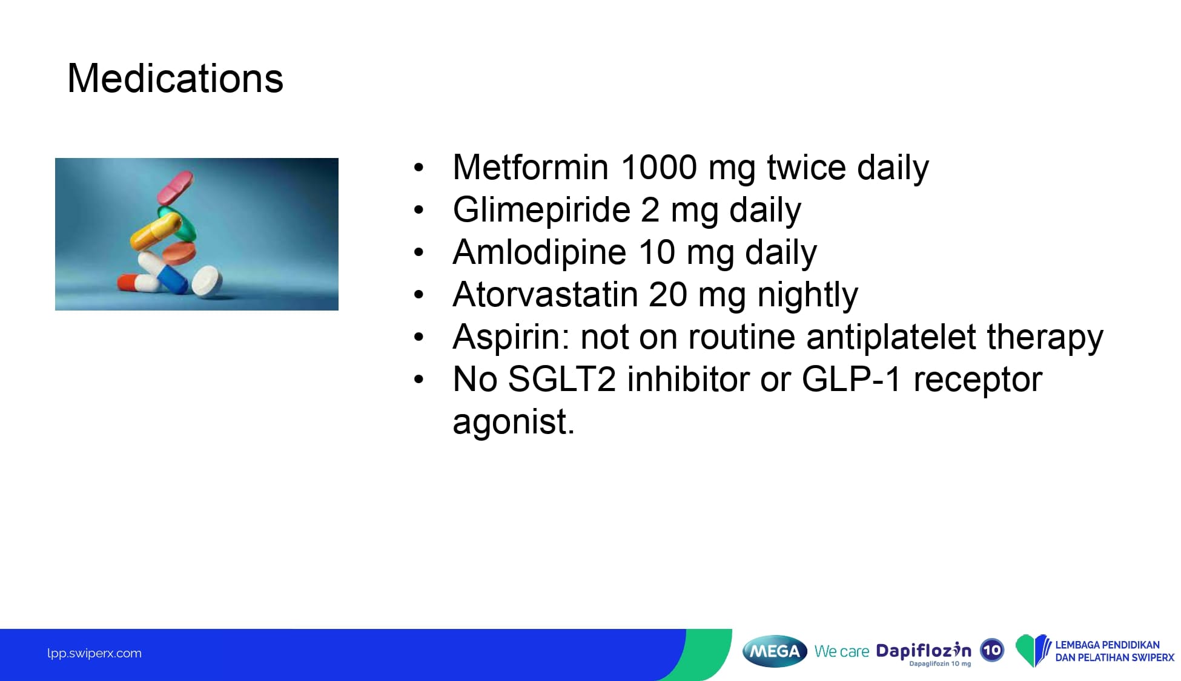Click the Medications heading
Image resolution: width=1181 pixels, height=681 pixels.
click(175, 79)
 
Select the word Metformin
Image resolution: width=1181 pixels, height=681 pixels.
click(531, 167)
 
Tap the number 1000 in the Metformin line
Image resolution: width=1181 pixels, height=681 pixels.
click(659, 167)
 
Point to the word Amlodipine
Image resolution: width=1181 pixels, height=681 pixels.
click(539, 252)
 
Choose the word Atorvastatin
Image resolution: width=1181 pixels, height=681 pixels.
click(545, 295)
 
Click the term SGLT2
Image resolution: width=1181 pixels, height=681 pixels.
click(561, 380)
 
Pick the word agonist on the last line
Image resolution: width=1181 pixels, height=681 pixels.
click(513, 423)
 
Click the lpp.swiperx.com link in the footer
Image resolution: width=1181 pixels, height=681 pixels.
click(94, 654)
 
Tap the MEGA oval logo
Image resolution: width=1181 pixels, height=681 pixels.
click(775, 651)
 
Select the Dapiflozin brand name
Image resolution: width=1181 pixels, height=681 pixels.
click(924, 651)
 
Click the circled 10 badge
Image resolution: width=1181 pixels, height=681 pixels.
click(991, 650)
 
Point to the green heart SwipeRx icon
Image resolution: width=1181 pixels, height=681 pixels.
click(1033, 650)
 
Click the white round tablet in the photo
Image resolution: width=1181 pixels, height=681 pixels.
click(207, 281)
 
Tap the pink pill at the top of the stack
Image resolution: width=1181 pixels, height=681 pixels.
click(175, 186)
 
